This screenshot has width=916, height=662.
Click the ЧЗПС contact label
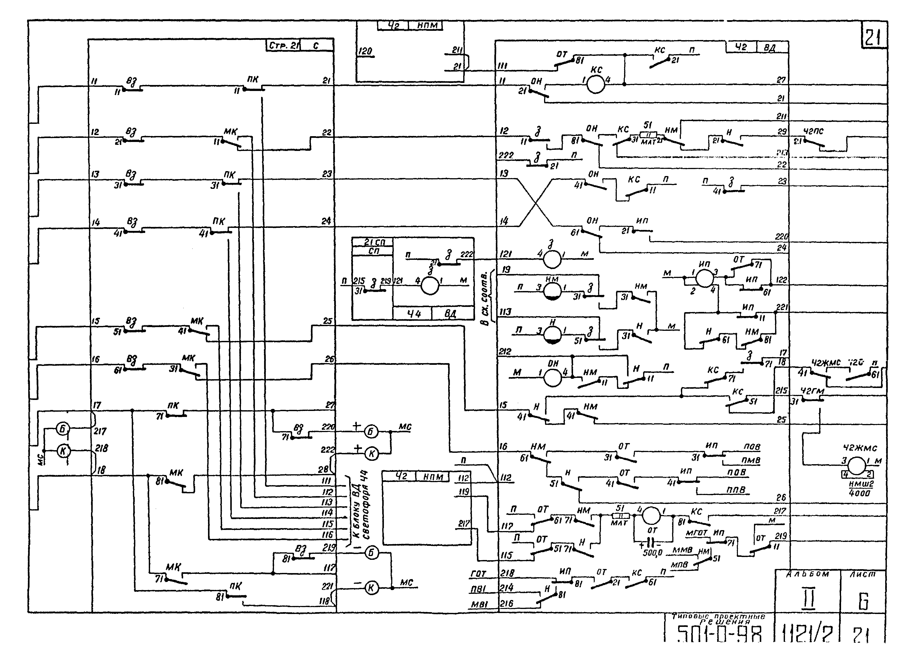click(x=813, y=131)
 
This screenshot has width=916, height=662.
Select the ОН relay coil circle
click(x=552, y=378)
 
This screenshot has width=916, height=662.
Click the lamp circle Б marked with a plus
click(x=371, y=431)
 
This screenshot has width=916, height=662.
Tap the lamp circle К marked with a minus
click(x=371, y=588)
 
